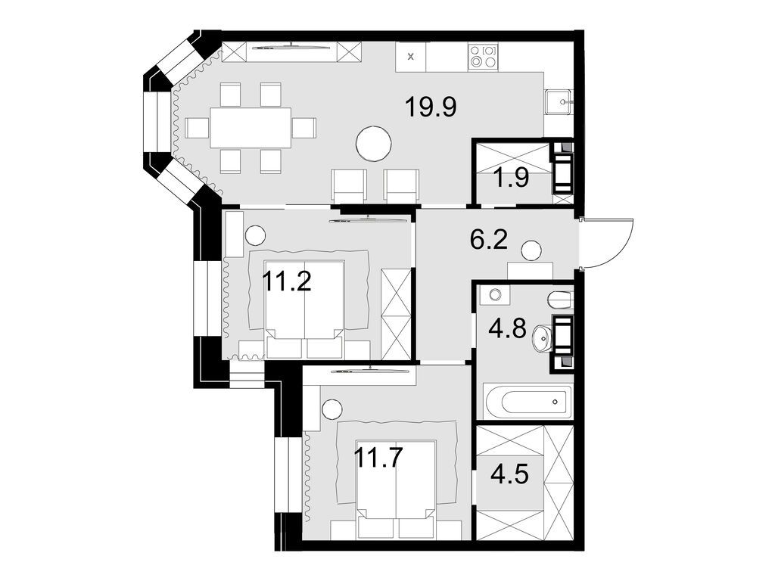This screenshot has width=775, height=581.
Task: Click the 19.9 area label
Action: point(430,107)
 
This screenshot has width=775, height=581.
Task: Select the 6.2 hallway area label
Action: point(487,241)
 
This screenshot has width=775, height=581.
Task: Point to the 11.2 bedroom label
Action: point(288,281)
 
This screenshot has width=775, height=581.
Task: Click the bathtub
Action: point(528,401)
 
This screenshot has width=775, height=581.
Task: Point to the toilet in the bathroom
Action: point(561,300)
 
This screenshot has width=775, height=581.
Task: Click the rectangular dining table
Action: point(251,127)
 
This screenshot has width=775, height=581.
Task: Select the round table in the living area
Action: point(374,142)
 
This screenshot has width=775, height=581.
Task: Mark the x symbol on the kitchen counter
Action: point(411,56)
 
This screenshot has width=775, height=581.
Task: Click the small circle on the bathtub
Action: point(556,402)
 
